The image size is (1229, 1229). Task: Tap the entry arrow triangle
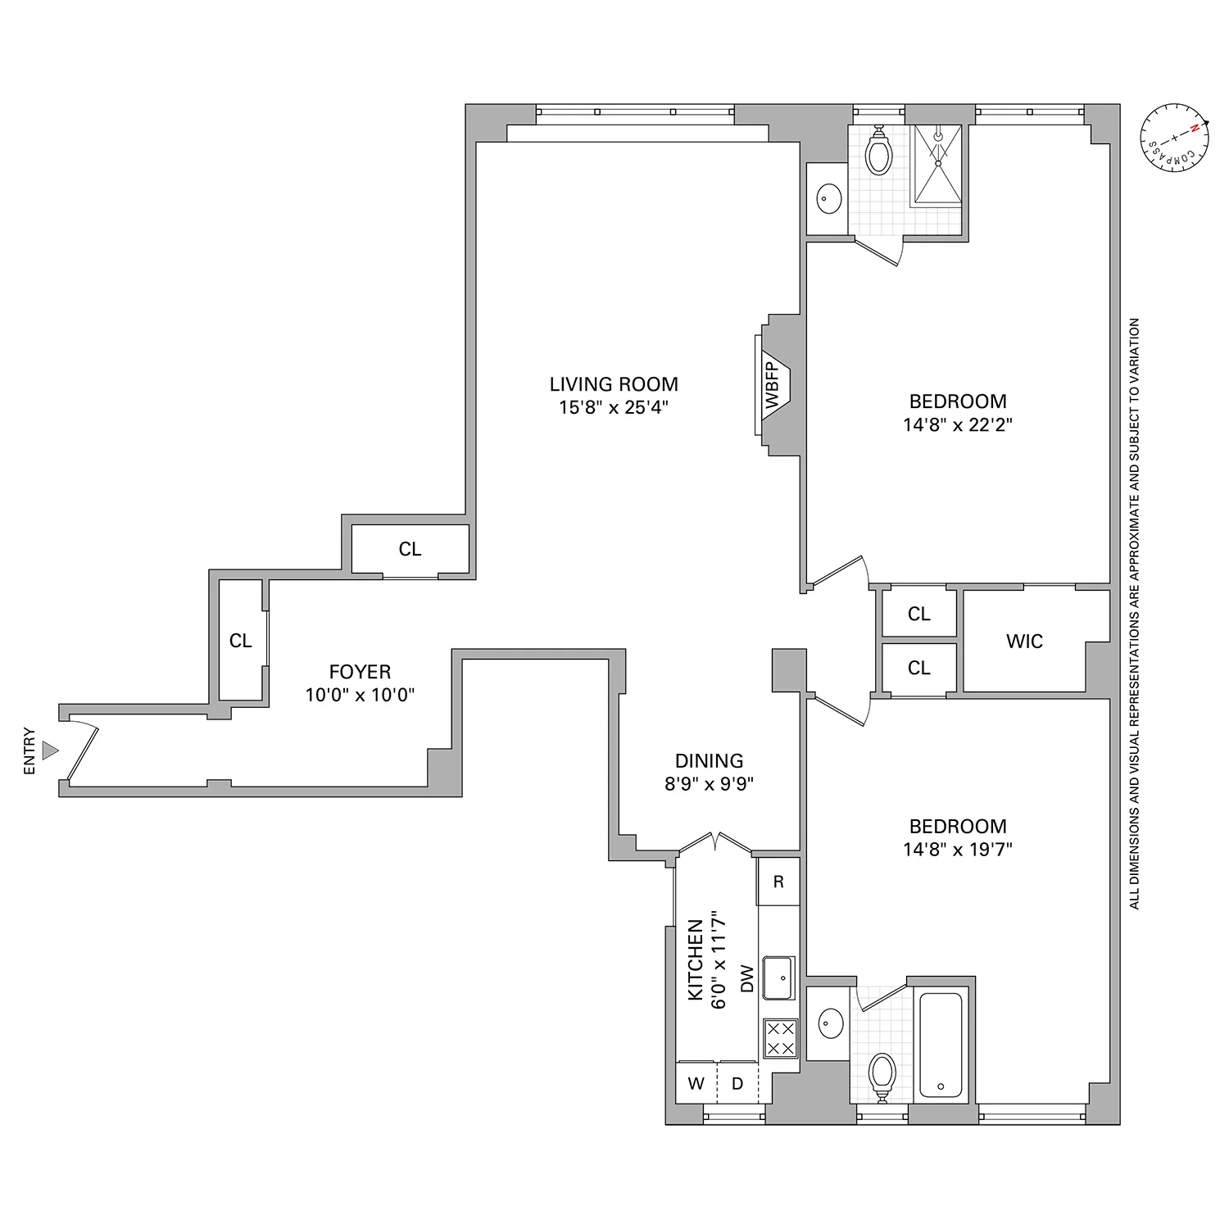(x=51, y=750)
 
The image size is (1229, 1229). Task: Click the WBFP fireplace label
(x=772, y=385)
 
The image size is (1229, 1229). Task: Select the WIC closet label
(x=1024, y=642)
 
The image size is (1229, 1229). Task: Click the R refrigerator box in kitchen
(x=778, y=882)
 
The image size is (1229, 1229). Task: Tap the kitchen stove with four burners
(x=779, y=1037)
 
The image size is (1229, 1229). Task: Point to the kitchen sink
(x=778, y=977)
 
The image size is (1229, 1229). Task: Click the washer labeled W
(x=696, y=1083)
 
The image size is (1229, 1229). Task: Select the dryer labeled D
(x=737, y=1083)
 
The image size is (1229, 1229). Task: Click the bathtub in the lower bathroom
(x=941, y=1045)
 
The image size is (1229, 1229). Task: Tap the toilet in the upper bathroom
(x=878, y=152)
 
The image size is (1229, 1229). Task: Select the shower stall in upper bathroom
(x=937, y=164)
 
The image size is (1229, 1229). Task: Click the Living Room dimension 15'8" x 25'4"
(x=614, y=407)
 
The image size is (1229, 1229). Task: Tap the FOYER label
(x=360, y=672)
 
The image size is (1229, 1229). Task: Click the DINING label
(x=709, y=760)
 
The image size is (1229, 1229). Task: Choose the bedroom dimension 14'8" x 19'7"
(x=958, y=850)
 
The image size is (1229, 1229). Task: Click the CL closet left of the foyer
(x=240, y=641)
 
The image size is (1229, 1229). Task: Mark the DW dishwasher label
(x=746, y=978)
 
